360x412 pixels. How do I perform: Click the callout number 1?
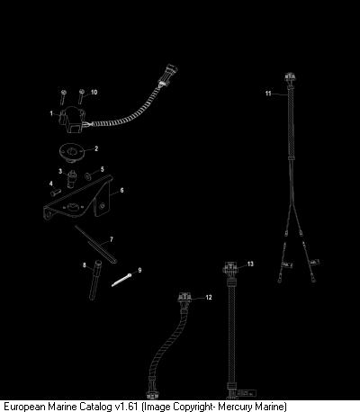pyautogui.click(x=51, y=113)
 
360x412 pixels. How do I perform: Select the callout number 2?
pyautogui.click(x=96, y=148)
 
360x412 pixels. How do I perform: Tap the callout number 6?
pyautogui.click(x=121, y=190)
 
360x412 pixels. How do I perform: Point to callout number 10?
pyautogui.click(x=94, y=92)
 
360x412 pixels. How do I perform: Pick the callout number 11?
pyautogui.click(x=268, y=94)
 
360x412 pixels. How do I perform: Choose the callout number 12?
pyautogui.click(x=209, y=297)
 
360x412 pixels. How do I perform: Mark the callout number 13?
pyautogui.click(x=250, y=264)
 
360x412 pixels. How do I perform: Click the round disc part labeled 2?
pyautogui.click(x=72, y=152)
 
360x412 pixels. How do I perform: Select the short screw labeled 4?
pyautogui.click(x=56, y=193)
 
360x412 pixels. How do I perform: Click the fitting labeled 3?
pyautogui.click(x=72, y=179)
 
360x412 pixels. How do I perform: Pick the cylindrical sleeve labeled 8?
pyautogui.click(x=95, y=280)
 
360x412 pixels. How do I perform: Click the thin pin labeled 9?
pyautogui.click(x=121, y=280)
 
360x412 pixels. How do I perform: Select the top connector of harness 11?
pyautogui.click(x=290, y=77)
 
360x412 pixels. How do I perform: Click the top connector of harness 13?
pyautogui.click(x=230, y=268)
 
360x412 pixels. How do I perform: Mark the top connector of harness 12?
pyautogui.click(x=184, y=298)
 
